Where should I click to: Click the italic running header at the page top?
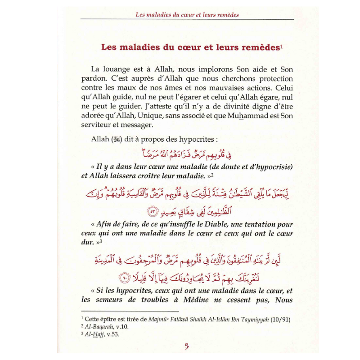187,14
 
